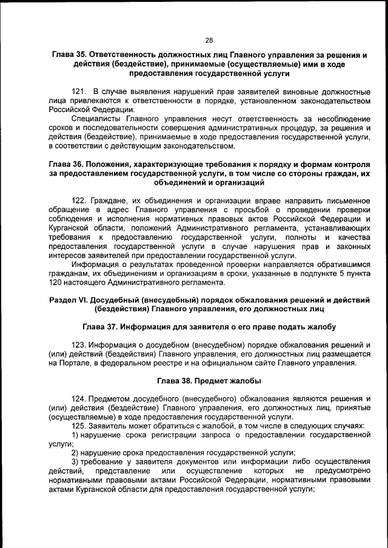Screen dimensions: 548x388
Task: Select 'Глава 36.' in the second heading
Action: pyautogui.click(x=68, y=164)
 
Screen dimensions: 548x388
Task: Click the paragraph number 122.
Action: pyautogui.click(x=79, y=200)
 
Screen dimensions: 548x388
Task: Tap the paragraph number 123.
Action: pyautogui.click(x=79, y=345)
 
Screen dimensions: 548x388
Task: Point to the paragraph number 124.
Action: pyautogui.click(x=79, y=399)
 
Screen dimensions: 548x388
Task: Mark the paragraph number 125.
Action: pyautogui.click(x=79, y=426)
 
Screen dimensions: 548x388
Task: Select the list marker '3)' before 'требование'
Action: pyautogui.click(x=76, y=462)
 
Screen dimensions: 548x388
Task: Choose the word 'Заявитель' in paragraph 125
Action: pyautogui.click(x=110, y=426)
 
